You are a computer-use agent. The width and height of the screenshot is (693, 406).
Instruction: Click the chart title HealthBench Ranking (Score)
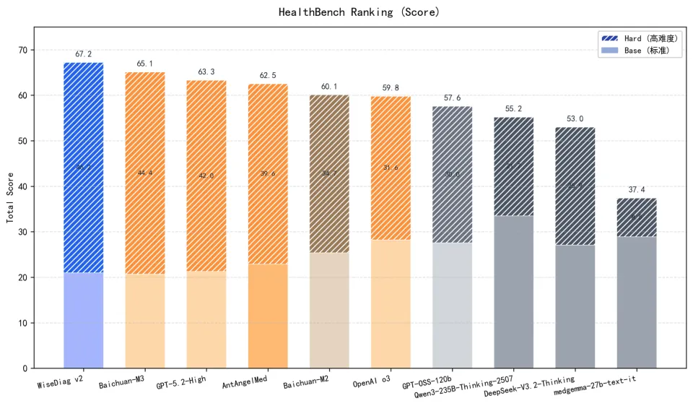(359, 12)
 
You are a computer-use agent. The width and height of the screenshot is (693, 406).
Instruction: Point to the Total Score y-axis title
(11, 198)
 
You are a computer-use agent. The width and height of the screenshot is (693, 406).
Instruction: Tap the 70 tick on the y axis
(22, 50)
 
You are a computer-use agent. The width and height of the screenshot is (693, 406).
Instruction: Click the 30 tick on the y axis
(22, 232)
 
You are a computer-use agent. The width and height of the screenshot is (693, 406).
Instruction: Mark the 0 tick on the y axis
(25, 368)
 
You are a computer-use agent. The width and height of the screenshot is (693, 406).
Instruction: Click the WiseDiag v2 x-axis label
(61, 380)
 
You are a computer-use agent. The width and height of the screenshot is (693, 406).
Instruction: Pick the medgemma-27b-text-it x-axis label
(595, 380)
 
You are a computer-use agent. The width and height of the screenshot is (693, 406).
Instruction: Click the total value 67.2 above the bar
(84, 54)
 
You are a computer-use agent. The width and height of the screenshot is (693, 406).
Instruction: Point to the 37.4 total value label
(637, 189)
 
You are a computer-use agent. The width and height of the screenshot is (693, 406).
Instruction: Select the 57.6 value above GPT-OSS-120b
(452, 98)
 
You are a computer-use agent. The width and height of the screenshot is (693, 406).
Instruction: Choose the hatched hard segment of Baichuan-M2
(329, 173)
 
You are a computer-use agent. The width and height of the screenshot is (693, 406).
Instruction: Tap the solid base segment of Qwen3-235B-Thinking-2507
(514, 292)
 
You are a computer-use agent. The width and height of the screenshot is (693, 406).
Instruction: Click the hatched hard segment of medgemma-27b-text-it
(637, 217)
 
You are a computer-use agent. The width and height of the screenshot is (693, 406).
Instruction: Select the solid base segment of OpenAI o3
(391, 303)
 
